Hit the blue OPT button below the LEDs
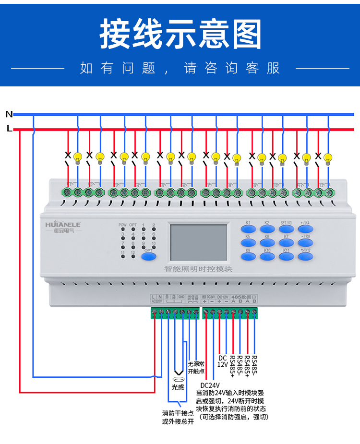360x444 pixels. tap(149, 255)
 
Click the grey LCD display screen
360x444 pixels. tap(198, 242)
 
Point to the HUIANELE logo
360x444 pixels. tap(63, 224)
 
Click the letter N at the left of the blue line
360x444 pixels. tap(9, 114)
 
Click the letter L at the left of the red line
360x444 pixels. tap(9, 129)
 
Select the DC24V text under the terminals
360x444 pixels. tap(210, 385)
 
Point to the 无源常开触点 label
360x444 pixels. tap(196, 367)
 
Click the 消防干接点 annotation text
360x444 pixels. tap(178, 413)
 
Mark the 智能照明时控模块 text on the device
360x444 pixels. tap(198, 269)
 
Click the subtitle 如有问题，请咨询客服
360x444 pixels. tap(180, 68)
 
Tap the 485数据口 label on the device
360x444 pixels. tap(244, 297)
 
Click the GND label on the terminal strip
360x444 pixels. tap(181, 297)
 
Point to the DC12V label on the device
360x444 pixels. tap(223, 297)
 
